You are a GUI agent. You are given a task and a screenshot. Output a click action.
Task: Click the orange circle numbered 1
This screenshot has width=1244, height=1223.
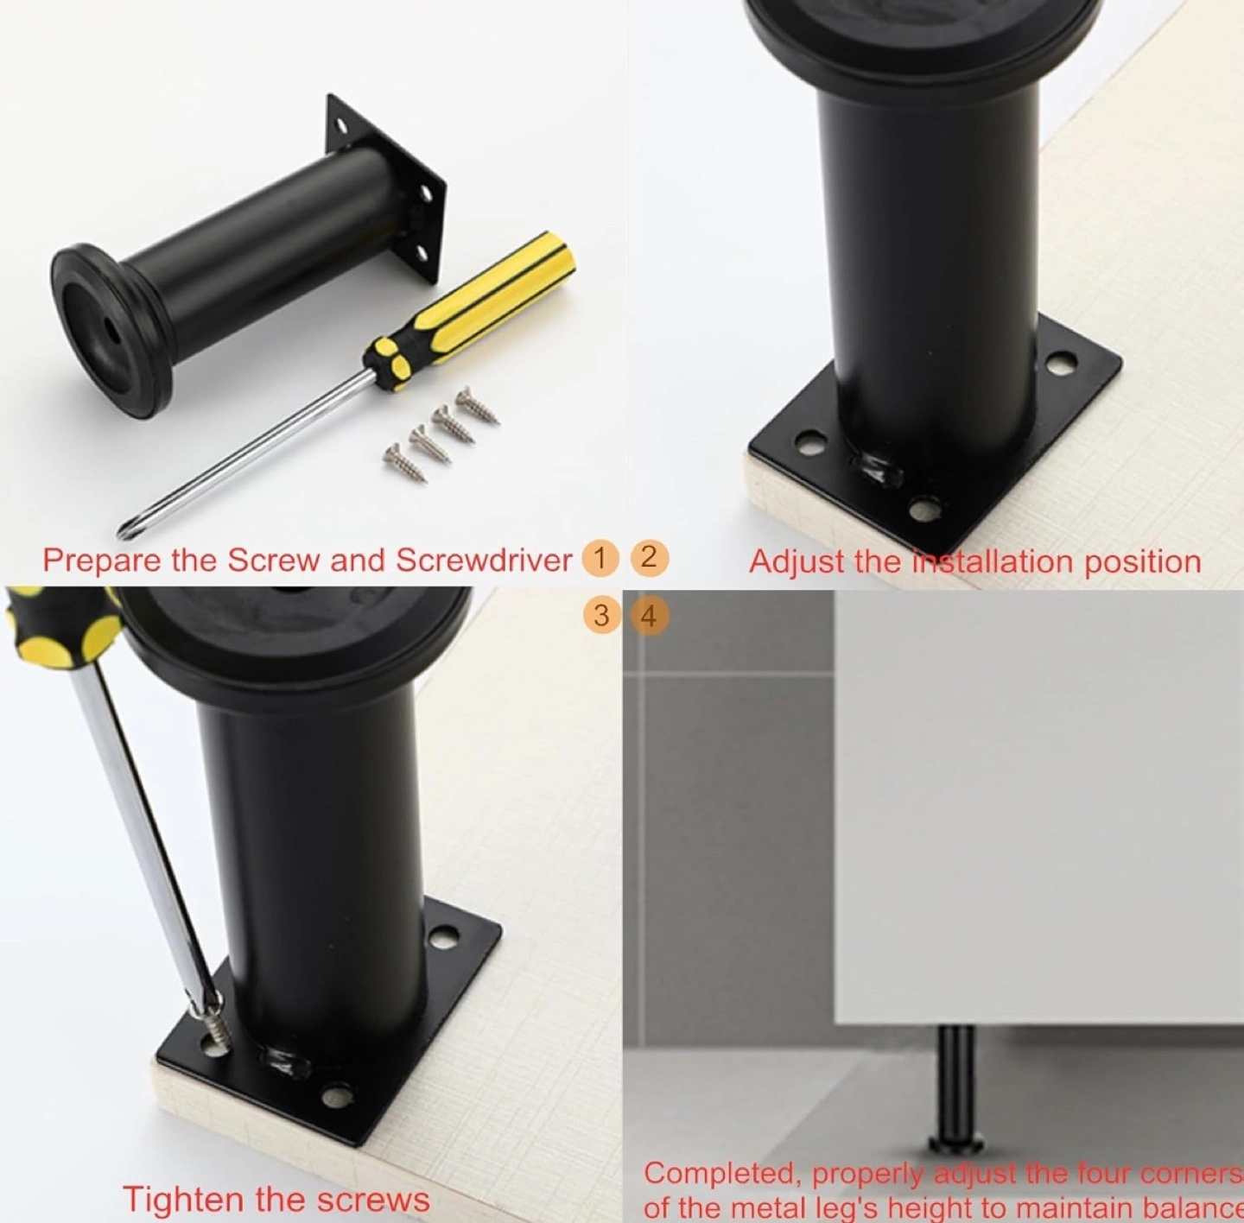(600, 558)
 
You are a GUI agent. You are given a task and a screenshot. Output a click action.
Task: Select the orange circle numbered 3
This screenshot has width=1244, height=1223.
(601, 615)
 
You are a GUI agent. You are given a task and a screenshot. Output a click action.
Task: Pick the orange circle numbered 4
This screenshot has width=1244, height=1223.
(648, 615)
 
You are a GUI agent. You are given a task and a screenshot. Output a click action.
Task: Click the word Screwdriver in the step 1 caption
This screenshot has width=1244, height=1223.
(484, 560)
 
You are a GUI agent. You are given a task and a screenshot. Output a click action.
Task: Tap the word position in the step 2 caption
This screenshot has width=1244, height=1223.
(1142, 562)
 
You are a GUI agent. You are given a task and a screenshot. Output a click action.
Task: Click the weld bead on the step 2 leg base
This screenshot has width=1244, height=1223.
(879, 470)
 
